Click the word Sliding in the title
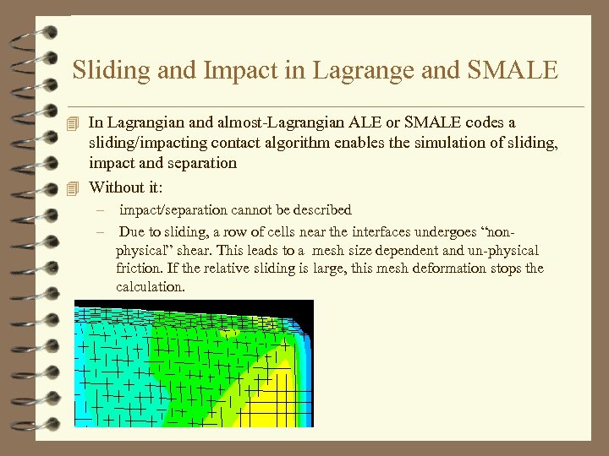click(x=103, y=70)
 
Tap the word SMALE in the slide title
click(x=513, y=70)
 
